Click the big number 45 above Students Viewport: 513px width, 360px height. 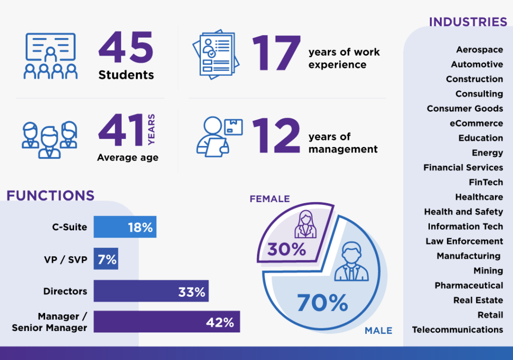tap(126, 48)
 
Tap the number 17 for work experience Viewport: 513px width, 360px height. tap(277, 53)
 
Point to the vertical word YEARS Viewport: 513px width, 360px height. tap(151, 129)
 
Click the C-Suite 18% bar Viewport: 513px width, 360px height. tap(125, 227)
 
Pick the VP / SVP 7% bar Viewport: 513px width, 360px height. tap(106, 259)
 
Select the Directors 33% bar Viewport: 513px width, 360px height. tap(151, 291)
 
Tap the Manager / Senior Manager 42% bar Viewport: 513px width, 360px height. tap(167, 322)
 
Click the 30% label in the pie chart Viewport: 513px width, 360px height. tap(287, 249)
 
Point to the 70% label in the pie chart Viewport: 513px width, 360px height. tap(322, 303)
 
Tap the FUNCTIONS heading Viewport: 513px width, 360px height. tap(51, 196)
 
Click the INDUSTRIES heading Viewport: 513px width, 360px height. tap(468, 22)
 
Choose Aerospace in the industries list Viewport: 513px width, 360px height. tap(479, 50)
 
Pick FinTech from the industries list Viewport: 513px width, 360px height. tap(486, 182)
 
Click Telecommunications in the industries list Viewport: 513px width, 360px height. tap(457, 329)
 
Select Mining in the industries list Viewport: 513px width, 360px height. tap(488, 271)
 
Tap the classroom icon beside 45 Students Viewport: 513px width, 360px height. tap(51, 56)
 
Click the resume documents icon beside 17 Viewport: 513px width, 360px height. tap(216, 54)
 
